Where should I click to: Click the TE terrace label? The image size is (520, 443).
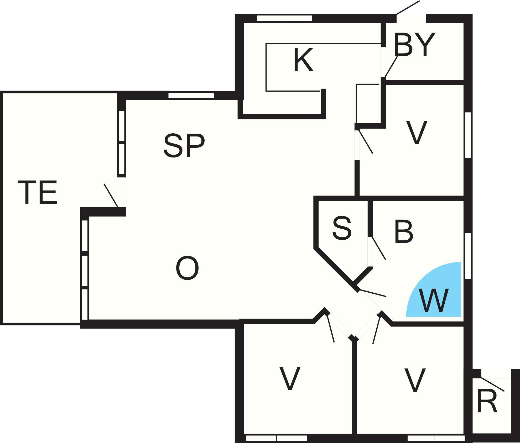(x=37, y=192)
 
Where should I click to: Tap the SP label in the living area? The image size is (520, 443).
(x=184, y=146)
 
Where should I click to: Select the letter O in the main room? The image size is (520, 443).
(x=187, y=268)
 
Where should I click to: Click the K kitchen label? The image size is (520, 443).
(x=303, y=60)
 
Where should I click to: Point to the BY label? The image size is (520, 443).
(x=415, y=45)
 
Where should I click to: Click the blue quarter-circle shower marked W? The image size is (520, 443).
(x=434, y=289)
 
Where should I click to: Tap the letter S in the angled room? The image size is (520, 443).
(x=342, y=228)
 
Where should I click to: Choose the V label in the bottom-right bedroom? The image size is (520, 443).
(x=415, y=380)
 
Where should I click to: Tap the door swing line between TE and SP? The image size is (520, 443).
(x=111, y=196)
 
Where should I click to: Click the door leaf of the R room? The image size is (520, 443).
(x=492, y=384)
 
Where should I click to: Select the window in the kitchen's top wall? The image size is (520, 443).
(x=284, y=18)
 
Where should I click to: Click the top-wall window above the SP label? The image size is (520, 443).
(x=191, y=96)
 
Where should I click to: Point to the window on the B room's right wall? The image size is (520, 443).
(x=468, y=256)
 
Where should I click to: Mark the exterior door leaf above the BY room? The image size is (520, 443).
(x=408, y=8)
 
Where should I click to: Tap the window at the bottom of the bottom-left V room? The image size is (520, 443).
(x=277, y=438)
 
